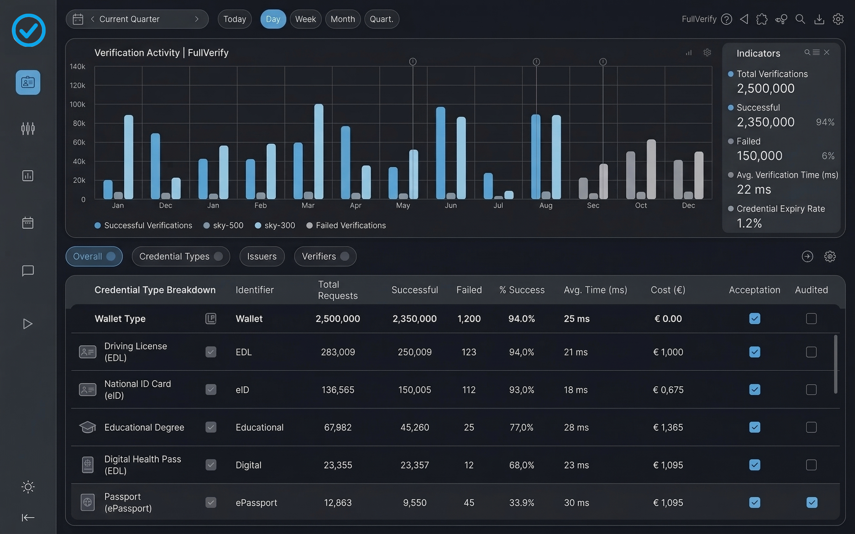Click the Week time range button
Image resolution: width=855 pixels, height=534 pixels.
tap(305, 19)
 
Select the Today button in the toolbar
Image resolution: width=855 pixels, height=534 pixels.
tap(235, 19)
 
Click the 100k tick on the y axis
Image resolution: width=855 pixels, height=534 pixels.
tap(77, 104)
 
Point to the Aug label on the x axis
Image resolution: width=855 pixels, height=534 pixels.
tap(545, 205)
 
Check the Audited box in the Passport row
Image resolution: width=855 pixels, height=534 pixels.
tap(811, 502)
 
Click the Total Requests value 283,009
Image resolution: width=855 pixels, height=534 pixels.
tap(338, 352)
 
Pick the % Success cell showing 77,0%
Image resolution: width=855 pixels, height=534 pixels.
tap(521, 427)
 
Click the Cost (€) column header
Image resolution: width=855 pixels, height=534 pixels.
tap(668, 290)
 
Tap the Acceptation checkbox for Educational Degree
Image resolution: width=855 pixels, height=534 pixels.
tap(754, 427)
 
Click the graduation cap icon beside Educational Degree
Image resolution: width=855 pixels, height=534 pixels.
tap(87, 427)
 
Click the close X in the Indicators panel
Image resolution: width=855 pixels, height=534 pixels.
tap(827, 53)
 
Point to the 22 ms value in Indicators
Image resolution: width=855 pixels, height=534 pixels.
tap(754, 190)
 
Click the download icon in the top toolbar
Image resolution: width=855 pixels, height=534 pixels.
tap(819, 19)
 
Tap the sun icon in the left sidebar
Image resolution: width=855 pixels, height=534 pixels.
tap(28, 487)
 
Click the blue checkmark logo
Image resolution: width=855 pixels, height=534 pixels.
tap(28, 30)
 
